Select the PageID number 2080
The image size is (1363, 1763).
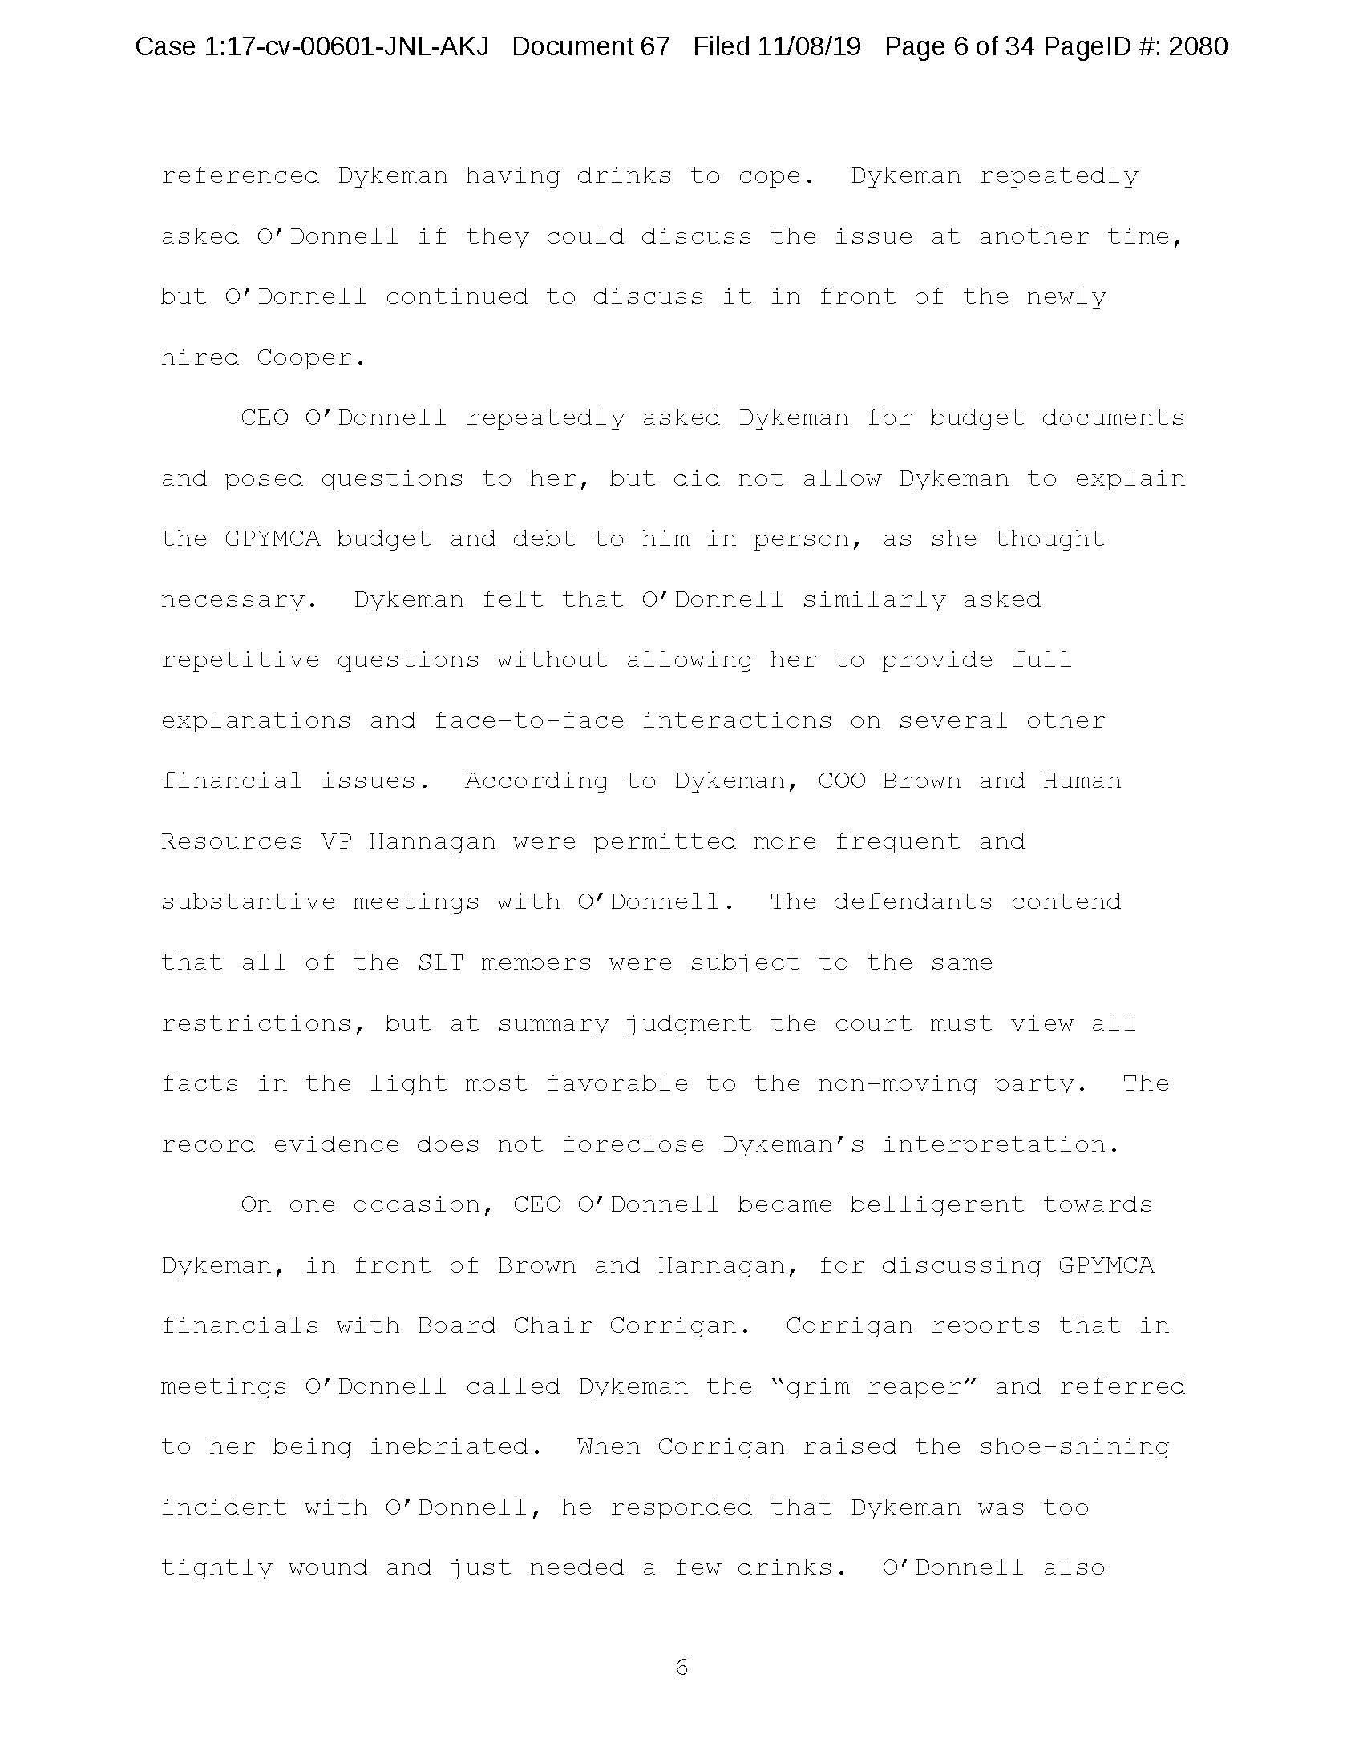click(1198, 46)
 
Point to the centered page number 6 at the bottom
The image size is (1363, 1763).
click(681, 1668)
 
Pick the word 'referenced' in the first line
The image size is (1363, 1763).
click(241, 176)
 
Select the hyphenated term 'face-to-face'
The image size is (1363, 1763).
click(529, 720)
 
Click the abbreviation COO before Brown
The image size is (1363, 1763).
click(841, 781)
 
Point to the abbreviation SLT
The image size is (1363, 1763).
click(441, 962)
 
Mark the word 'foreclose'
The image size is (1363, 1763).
click(633, 1144)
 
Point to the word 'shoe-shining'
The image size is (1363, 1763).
click(1073, 1446)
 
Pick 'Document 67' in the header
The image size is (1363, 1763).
click(590, 46)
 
